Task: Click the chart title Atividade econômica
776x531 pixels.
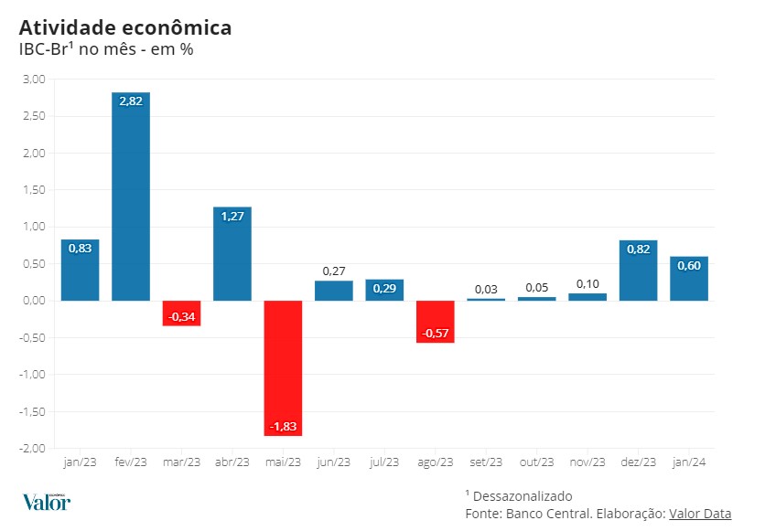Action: tap(125, 27)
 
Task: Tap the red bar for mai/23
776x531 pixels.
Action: tap(283, 366)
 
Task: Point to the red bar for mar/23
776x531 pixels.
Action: tap(182, 313)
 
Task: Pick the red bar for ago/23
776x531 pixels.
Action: tap(435, 322)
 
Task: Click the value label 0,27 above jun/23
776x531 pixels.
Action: tap(334, 271)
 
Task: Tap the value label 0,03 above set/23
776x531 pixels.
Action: tap(486, 290)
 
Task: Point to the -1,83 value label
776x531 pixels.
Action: tap(283, 427)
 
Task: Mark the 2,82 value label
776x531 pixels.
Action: tap(131, 101)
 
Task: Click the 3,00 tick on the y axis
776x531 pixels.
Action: tap(33, 80)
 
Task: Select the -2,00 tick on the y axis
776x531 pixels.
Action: tap(32, 449)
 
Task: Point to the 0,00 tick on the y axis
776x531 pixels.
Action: tap(33, 301)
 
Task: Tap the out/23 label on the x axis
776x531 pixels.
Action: tap(536, 462)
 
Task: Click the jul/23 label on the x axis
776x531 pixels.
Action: tap(384, 462)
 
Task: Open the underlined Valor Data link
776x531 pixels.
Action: tap(700, 514)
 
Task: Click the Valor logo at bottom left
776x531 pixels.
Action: tap(46, 502)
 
